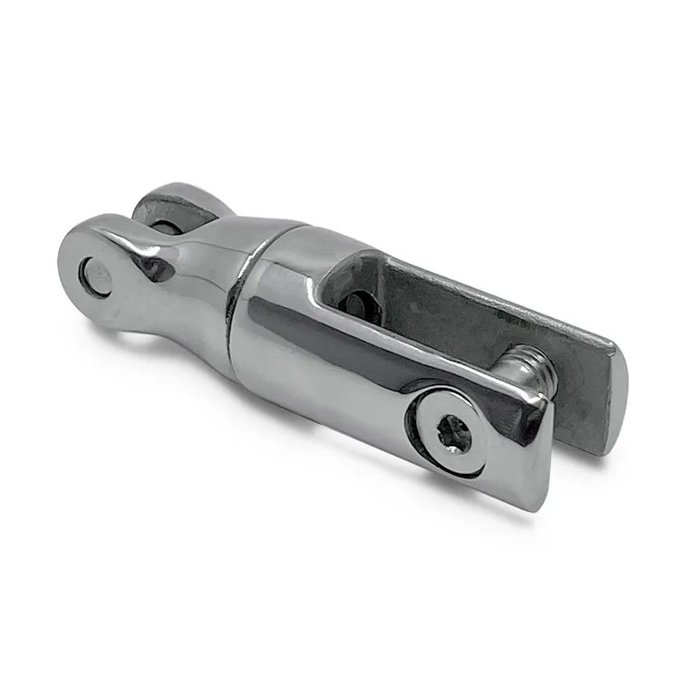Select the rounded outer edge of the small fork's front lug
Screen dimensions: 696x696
67,272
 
